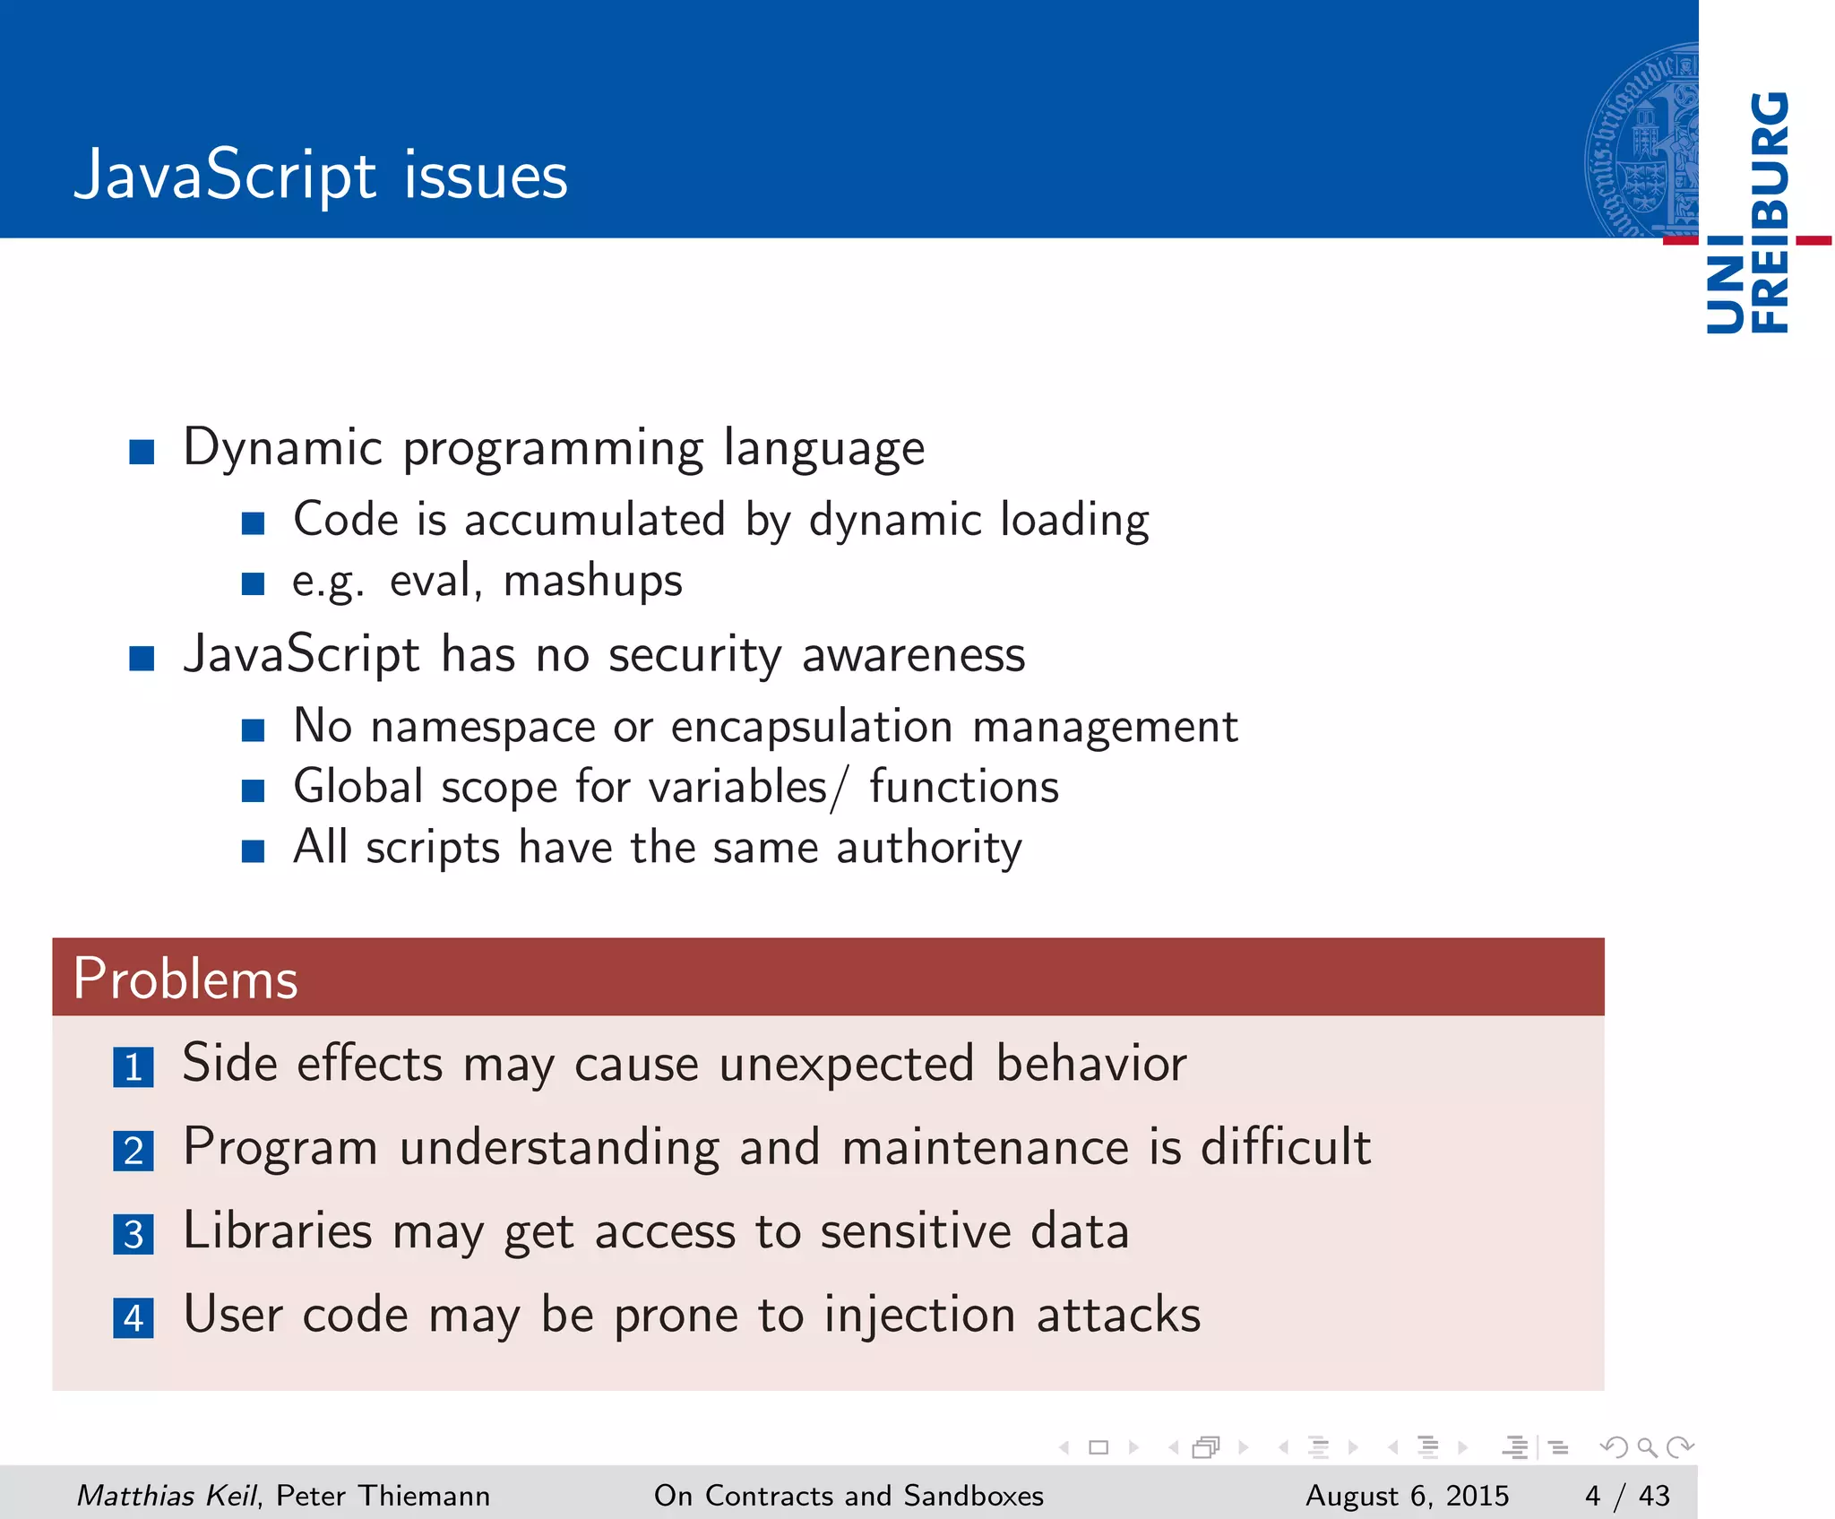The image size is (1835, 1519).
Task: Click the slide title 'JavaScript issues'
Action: [321, 176]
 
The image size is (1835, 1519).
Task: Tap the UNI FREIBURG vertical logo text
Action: [1747, 212]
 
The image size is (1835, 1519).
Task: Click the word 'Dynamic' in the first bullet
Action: [283, 447]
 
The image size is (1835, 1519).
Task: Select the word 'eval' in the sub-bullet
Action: [430, 581]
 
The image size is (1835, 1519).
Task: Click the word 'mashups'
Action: [593, 581]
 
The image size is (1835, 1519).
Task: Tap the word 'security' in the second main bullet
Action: [695, 654]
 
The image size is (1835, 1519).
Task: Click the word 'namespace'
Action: [483, 726]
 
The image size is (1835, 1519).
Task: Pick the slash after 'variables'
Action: [837, 789]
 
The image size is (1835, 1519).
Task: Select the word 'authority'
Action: [929, 848]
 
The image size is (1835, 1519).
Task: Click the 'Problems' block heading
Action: [185, 978]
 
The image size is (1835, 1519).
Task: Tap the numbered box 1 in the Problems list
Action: [134, 1067]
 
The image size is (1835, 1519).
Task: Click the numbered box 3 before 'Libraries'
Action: [134, 1235]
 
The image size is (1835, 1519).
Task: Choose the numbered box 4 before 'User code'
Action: [134, 1318]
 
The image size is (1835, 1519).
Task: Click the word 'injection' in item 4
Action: [919, 1315]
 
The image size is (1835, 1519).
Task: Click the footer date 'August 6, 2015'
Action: [1407, 1495]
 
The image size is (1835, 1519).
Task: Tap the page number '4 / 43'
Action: [1627, 1495]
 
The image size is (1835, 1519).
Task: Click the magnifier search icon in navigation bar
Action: [1647, 1447]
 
